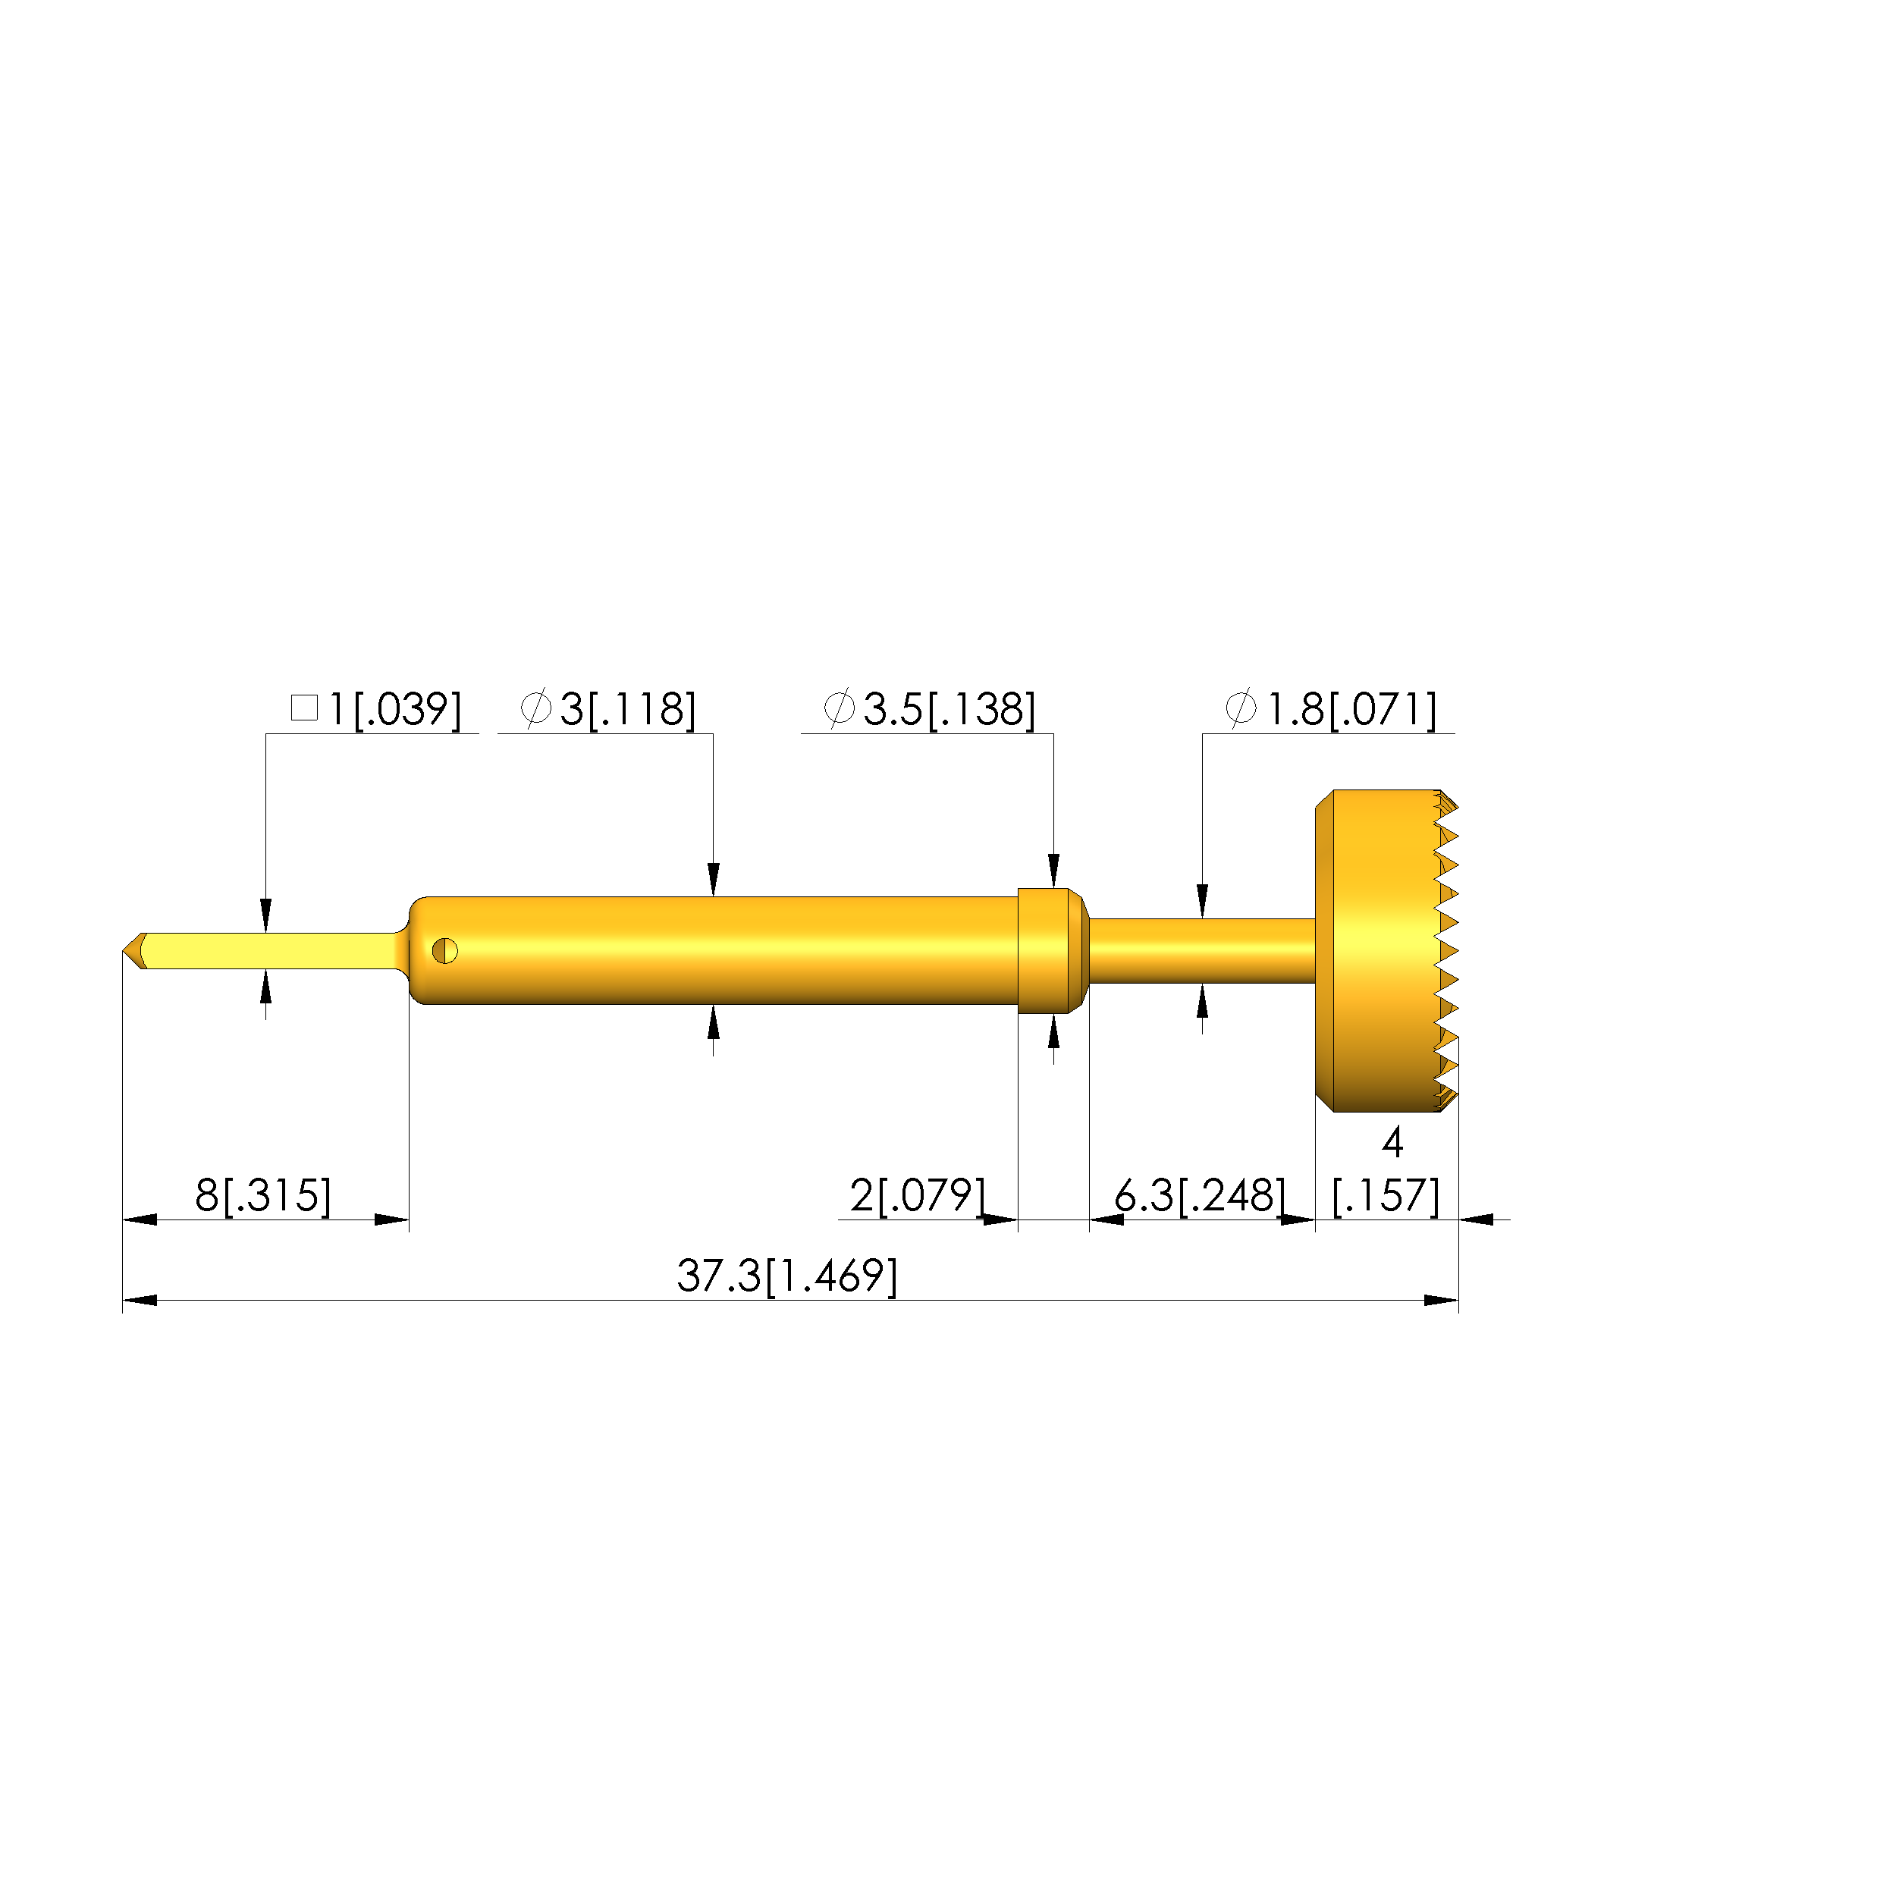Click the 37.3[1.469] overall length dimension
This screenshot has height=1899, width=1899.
[x=786, y=1276]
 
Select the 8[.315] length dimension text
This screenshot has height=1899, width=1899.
[x=263, y=1195]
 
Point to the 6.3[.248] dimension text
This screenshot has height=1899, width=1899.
[x=1199, y=1195]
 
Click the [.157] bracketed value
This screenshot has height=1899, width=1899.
[x=1386, y=1195]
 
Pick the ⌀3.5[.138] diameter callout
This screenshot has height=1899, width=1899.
[x=929, y=708]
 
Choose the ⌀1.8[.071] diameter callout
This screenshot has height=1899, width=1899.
[x=1331, y=708]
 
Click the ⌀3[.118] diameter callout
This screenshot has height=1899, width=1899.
[x=607, y=708]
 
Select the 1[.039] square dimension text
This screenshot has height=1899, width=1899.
[x=393, y=708]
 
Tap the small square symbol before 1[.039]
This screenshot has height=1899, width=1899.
[x=305, y=708]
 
